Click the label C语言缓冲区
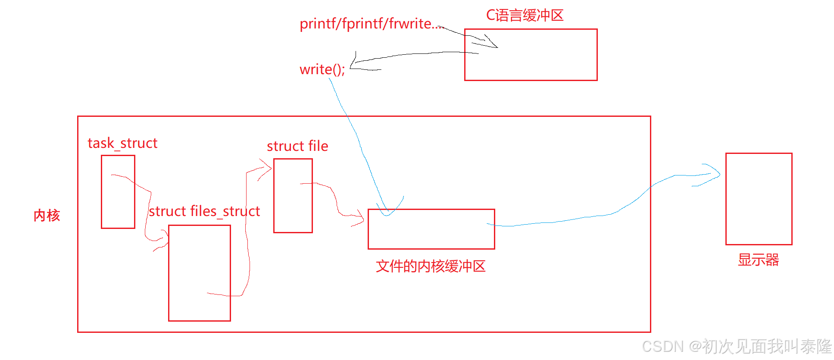525,16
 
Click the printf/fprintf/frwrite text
370,24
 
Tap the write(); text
322,69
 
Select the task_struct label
122,143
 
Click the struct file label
297,146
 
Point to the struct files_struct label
204,211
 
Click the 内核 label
47,215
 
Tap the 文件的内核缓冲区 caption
431,266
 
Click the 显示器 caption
758,260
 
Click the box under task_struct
118,203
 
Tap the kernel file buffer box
431,235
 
